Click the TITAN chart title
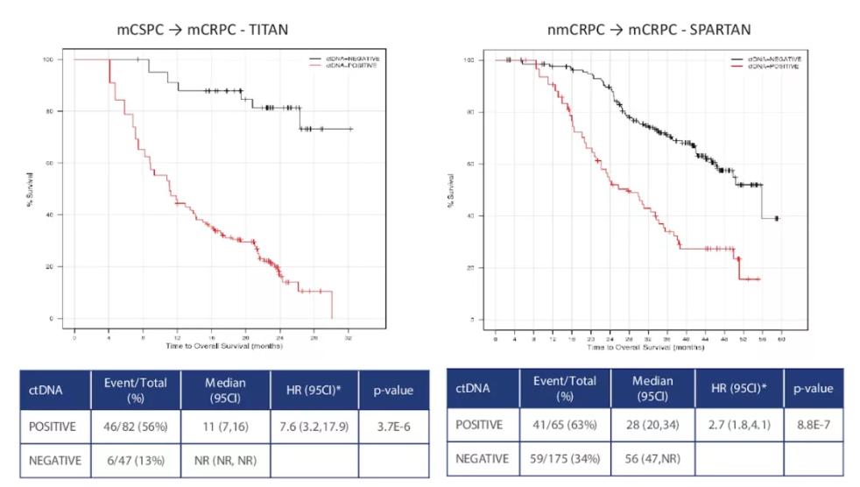(x=203, y=30)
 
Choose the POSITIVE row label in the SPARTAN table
(x=478, y=425)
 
